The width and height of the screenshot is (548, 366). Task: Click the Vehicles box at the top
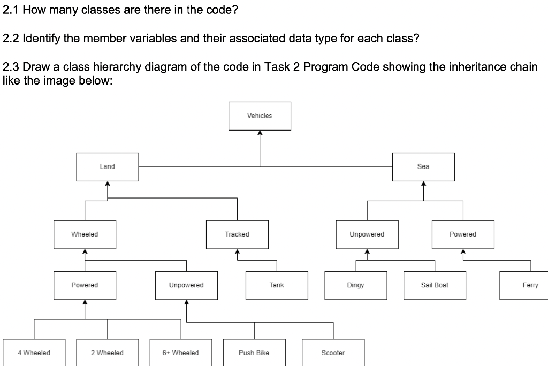260,116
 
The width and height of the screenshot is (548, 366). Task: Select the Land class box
107,166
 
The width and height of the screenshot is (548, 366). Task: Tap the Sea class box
423,166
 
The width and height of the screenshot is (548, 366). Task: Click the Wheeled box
85,234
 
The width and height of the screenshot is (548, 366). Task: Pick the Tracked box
237,234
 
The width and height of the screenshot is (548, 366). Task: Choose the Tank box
277,285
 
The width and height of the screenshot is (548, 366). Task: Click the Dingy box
355,285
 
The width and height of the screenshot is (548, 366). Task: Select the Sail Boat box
435,285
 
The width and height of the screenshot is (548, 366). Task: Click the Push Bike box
254,353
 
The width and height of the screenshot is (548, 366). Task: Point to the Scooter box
333,353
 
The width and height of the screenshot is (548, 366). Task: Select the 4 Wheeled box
34,353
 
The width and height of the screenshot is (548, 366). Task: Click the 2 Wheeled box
107,353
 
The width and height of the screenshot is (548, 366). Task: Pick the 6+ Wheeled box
180,353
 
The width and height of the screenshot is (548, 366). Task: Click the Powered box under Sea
463,234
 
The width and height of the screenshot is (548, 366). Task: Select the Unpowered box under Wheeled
186,285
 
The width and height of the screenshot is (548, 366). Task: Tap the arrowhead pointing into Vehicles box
260,134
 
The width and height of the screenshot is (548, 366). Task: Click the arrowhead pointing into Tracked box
237,253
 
